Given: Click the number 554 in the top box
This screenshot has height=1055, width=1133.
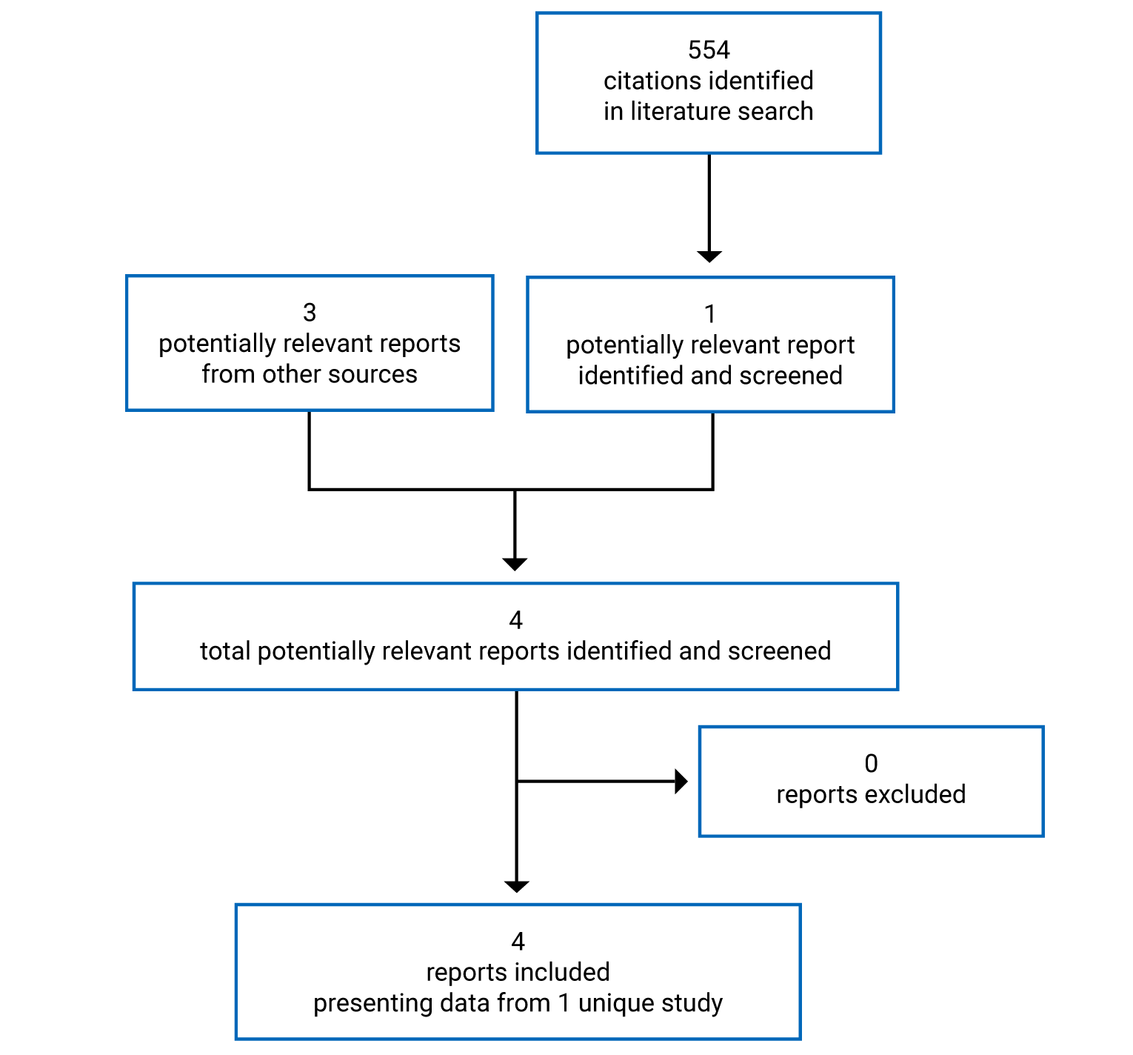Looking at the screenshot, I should point(709,50).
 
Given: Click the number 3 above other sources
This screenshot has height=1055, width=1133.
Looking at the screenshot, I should point(310,313).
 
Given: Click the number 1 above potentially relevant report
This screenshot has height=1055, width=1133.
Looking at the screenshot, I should point(710,314).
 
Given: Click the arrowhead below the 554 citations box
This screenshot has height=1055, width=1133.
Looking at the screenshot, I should point(709,256).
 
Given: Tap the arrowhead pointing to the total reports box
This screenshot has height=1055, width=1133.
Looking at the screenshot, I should point(515,564).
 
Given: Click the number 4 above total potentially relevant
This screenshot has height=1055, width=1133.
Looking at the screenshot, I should point(516,620).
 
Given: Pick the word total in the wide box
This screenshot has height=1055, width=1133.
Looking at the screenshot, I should point(225,651).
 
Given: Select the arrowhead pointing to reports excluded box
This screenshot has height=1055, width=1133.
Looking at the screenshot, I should point(681,781).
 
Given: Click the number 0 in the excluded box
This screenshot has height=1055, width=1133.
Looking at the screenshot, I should point(871,763).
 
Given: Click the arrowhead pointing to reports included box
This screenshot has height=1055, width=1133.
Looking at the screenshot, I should point(516,886).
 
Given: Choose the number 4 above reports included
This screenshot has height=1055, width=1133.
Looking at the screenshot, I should point(518,942).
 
